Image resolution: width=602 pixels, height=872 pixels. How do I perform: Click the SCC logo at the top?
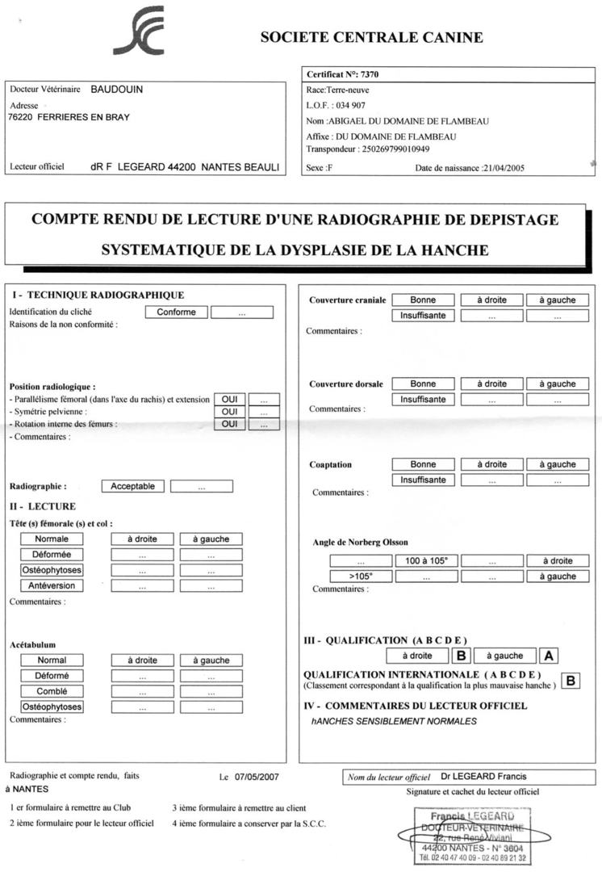point(139,32)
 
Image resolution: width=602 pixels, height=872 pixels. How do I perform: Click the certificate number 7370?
point(367,75)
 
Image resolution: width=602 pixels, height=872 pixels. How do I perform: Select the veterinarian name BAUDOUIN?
point(116,90)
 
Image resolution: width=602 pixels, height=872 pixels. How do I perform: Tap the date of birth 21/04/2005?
point(503,168)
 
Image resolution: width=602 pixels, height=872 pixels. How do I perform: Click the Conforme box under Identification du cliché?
point(176,312)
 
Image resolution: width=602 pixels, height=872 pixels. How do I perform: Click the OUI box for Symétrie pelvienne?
point(229,412)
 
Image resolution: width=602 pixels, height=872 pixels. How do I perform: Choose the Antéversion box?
point(52,585)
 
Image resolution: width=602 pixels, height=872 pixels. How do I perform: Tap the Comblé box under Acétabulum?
point(52,691)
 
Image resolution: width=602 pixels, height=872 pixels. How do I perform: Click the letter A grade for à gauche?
point(549,656)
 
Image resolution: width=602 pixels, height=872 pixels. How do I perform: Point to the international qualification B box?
point(570,681)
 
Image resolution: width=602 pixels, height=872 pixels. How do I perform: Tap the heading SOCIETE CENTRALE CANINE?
point(372,38)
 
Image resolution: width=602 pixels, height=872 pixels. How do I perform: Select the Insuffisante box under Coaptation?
point(423,480)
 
